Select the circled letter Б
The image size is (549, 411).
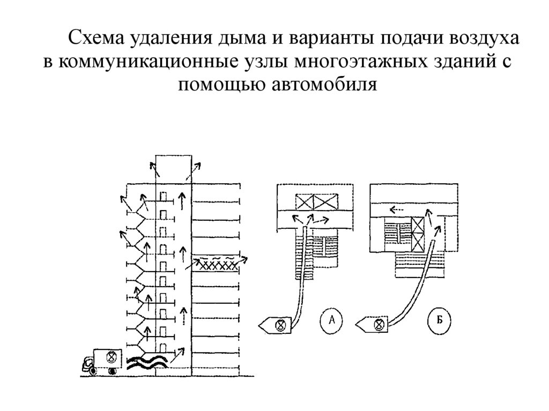pyautogui.click(x=439, y=321)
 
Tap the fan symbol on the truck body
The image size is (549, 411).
pyautogui.click(x=112, y=356)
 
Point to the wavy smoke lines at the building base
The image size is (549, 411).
pyautogui.click(x=147, y=362)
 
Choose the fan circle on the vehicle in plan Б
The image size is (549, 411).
pyautogui.click(x=379, y=324)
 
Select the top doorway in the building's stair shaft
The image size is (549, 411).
pyautogui.click(x=165, y=197)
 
